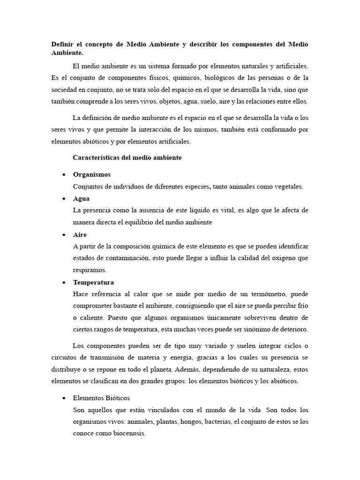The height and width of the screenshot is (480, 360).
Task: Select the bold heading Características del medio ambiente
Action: click(x=127, y=158)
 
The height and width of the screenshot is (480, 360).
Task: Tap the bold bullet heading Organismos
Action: click(x=92, y=174)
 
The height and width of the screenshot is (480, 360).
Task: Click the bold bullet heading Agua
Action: click(x=81, y=198)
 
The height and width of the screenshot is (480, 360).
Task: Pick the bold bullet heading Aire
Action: click(x=80, y=234)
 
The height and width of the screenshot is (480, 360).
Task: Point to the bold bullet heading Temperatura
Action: click(x=93, y=282)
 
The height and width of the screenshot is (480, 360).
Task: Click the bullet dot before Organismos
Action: click(x=63, y=175)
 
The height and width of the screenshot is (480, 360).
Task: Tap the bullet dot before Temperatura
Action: click(x=63, y=283)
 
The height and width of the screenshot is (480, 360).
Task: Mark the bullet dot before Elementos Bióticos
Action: click(x=63, y=398)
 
